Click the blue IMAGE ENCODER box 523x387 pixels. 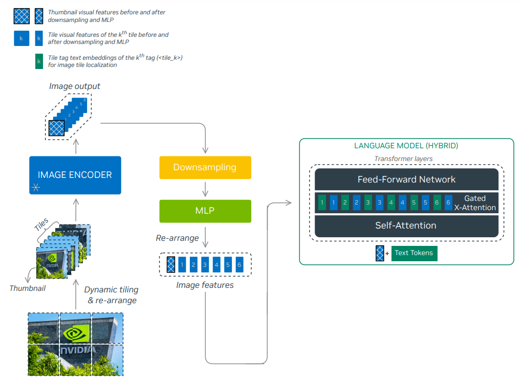75,175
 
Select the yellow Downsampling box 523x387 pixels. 205,167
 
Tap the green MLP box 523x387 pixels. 205,211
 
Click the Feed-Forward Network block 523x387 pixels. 406,179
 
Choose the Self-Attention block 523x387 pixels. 406,225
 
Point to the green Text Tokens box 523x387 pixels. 414,253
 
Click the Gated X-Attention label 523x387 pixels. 475,202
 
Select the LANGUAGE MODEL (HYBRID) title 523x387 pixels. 406,146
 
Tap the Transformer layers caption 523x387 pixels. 403,158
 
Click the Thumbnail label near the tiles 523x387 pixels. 27,288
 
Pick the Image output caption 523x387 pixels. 74,86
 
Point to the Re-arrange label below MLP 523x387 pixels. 177,238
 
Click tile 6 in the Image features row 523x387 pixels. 239,265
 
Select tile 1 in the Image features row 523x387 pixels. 182,265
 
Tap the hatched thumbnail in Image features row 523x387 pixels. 171,265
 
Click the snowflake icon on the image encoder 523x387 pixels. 36,187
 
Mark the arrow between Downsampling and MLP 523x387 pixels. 205,189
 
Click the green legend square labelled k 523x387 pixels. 39,61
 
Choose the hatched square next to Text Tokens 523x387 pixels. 380,254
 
